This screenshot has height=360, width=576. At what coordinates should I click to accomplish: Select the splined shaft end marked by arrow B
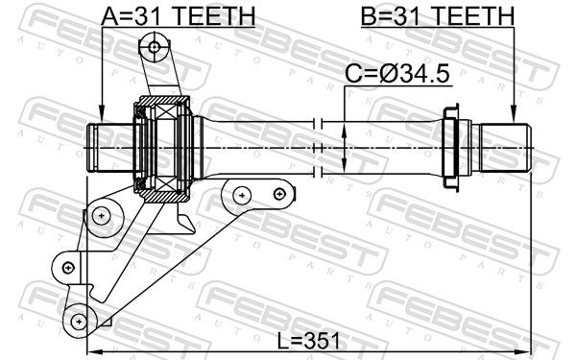click(x=505, y=147)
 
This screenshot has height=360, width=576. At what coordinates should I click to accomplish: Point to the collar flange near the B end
click(x=450, y=147)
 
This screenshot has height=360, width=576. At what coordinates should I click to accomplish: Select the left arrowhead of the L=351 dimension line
click(x=92, y=351)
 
